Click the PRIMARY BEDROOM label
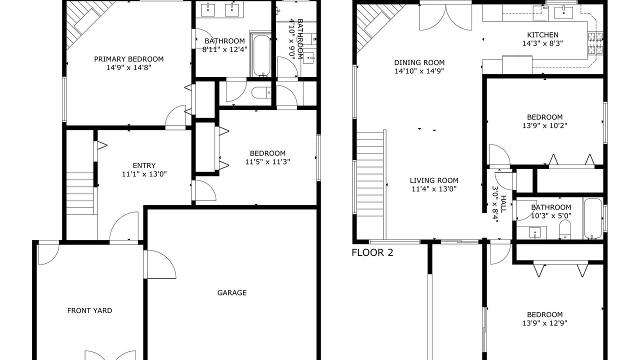coord(129,59)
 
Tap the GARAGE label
coord(232,292)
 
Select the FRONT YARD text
coord(89,310)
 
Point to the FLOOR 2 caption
coord(372,252)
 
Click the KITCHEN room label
coord(542,35)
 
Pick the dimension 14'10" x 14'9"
coord(419,71)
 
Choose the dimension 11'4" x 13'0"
coord(434,189)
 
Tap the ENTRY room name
coord(144,165)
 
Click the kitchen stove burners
coord(595,43)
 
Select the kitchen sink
coord(563,13)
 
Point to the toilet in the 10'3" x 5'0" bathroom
coord(565,229)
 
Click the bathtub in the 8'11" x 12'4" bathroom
coord(261,55)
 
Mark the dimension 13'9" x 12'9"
coord(545,323)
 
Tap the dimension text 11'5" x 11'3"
coord(267,162)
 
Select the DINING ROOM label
coord(419,62)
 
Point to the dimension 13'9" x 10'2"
coord(545,125)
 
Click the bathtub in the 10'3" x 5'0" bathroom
coord(593,218)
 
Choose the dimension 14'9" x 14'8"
coord(129,67)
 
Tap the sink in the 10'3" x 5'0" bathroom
coord(534,232)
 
